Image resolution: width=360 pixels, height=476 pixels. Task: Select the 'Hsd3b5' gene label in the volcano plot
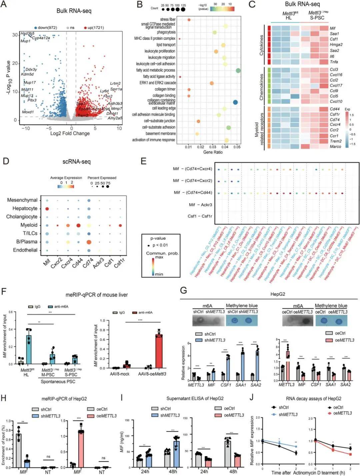tap(27, 34)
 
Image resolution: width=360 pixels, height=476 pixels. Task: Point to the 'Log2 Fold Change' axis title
tap(70, 133)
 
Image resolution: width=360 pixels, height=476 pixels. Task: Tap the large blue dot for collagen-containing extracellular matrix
tap(235, 102)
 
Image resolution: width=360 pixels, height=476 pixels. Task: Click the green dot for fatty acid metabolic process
tap(238, 70)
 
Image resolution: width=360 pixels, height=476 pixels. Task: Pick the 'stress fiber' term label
tap(168, 20)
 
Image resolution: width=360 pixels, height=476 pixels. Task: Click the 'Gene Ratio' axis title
tap(213, 152)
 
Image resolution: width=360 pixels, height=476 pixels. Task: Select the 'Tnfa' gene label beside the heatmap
tap(334, 62)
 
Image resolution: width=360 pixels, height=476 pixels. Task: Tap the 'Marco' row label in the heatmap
tap(335, 146)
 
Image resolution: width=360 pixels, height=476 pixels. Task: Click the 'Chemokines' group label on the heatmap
tap(261, 87)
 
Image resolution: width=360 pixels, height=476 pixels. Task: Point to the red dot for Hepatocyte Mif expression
tap(47, 209)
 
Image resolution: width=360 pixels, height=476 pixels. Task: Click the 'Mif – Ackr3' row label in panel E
tap(200, 205)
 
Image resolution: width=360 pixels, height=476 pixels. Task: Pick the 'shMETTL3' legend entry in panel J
tap(288, 414)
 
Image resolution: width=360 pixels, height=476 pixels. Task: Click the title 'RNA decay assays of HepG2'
tap(314, 398)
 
